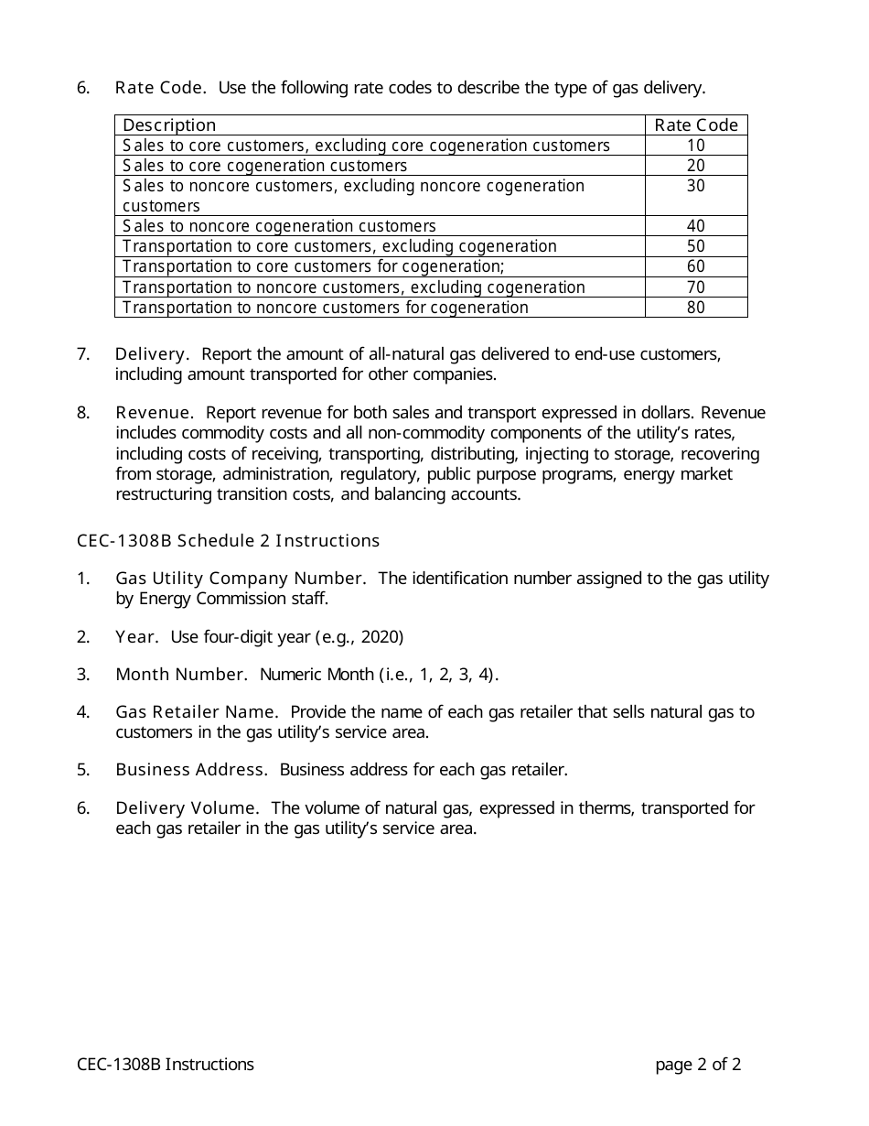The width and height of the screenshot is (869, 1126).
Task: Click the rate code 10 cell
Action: pyautogui.click(x=695, y=146)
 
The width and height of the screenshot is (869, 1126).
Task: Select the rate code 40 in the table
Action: pyautogui.click(x=695, y=226)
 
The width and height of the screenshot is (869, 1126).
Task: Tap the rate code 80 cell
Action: pyautogui.click(x=695, y=308)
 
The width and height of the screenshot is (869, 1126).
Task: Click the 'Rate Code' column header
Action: pyautogui.click(x=695, y=125)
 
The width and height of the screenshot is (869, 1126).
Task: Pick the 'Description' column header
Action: pyautogui.click(x=169, y=125)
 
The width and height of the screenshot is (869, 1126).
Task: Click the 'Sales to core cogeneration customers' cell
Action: pyautogui.click(x=264, y=166)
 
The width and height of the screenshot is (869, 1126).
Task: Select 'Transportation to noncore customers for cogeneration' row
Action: pyautogui.click(x=325, y=308)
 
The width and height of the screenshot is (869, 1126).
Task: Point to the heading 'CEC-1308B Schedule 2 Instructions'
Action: pyautogui.click(x=228, y=541)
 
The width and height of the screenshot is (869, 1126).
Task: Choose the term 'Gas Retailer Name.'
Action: pyautogui.click(x=196, y=712)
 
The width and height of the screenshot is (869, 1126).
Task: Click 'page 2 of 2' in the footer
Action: pyautogui.click(x=698, y=1065)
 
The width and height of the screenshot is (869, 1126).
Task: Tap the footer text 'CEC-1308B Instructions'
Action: pyautogui.click(x=166, y=1065)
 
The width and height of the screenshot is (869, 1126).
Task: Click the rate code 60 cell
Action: pyautogui.click(x=695, y=266)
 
